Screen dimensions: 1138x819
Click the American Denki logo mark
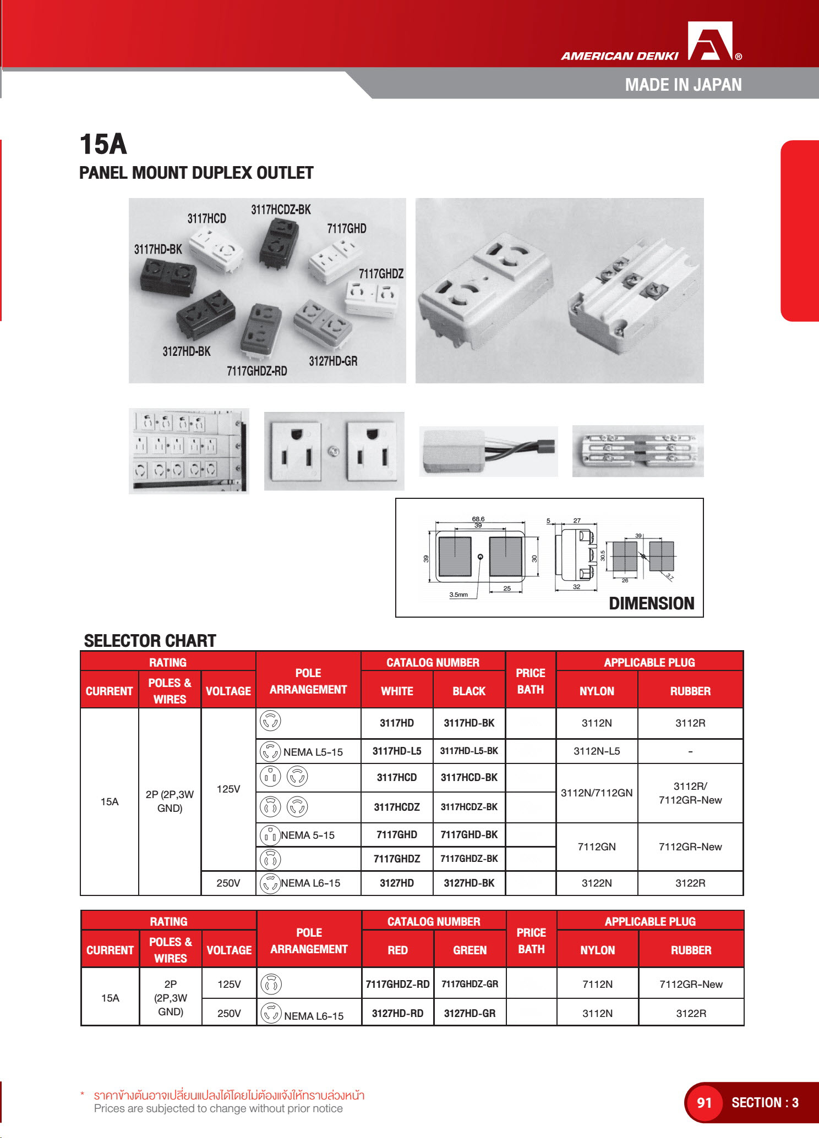point(710,41)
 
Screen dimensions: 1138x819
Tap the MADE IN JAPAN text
point(683,85)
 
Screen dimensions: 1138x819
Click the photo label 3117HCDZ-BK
point(281,210)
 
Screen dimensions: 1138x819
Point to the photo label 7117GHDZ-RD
point(257,371)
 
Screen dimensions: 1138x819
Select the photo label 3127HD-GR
point(333,361)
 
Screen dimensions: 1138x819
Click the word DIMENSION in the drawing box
point(651,603)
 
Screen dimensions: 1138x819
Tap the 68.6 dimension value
point(478,519)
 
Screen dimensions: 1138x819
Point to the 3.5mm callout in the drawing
point(458,595)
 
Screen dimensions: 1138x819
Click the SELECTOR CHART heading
point(150,641)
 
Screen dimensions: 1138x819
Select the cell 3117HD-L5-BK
point(469,751)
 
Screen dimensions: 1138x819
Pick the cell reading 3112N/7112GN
point(597,793)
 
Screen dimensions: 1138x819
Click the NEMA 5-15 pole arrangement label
point(308,835)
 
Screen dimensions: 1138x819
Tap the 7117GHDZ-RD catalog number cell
point(397,984)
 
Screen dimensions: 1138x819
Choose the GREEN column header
point(469,950)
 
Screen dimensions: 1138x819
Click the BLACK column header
point(469,691)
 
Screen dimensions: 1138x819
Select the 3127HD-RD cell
point(397,1013)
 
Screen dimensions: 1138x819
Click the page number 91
point(704,1102)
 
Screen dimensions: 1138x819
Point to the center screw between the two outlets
point(334,452)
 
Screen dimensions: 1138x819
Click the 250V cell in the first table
point(228,883)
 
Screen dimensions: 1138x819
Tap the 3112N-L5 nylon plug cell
point(597,751)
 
